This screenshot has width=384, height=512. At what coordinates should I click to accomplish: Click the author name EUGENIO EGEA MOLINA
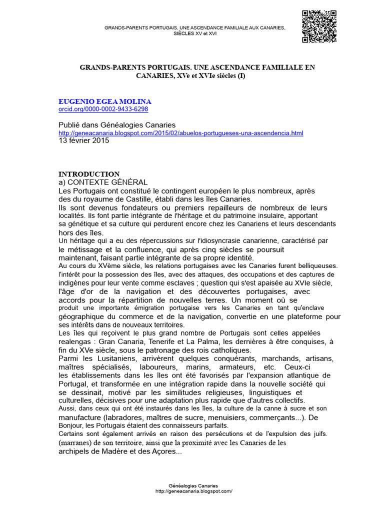[x=105, y=101]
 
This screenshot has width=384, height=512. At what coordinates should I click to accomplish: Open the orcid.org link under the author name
[x=103, y=109]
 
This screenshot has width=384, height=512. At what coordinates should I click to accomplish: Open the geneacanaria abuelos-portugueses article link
[x=181, y=133]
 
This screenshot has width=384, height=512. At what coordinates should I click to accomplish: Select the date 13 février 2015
[x=83, y=140]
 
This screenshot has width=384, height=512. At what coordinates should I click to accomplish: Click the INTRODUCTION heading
[x=89, y=174]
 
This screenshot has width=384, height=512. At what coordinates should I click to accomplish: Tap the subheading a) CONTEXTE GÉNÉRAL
[x=103, y=182]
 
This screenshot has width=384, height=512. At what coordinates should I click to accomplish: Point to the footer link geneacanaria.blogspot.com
[x=194, y=491]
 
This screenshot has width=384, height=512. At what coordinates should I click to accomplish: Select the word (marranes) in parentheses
[x=77, y=442]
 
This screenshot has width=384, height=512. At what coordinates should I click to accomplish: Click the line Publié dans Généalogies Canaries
[x=117, y=125]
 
